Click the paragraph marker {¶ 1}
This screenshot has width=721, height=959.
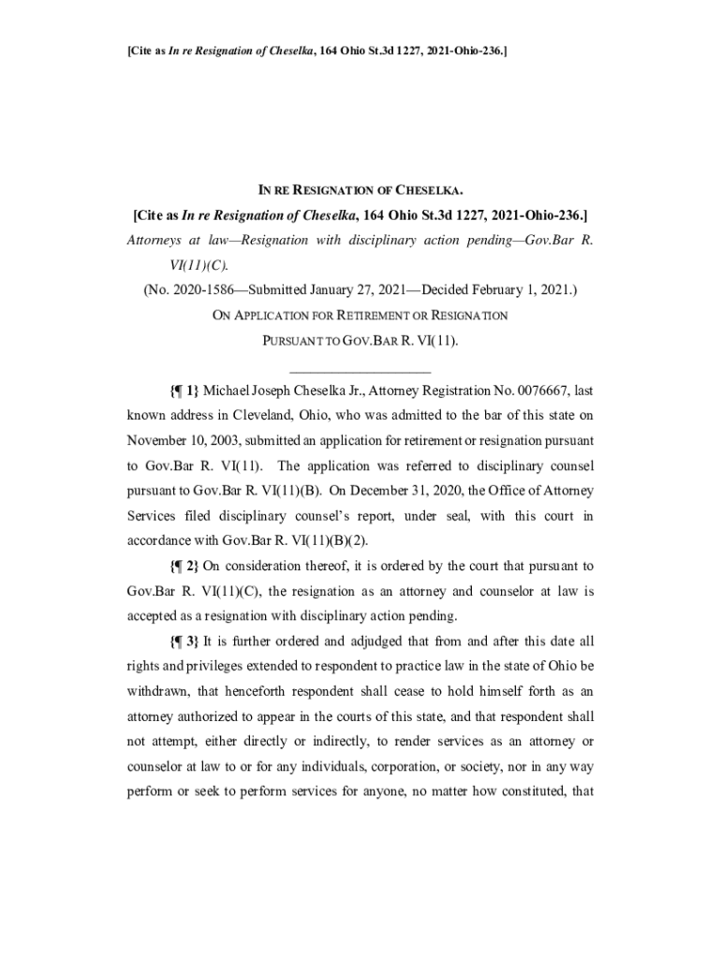[184, 390]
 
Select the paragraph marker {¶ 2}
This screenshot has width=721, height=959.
[184, 567]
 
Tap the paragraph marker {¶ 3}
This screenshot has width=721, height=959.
[184, 642]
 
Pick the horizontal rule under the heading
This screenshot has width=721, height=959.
[360, 373]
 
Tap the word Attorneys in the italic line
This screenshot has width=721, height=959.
[157, 240]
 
